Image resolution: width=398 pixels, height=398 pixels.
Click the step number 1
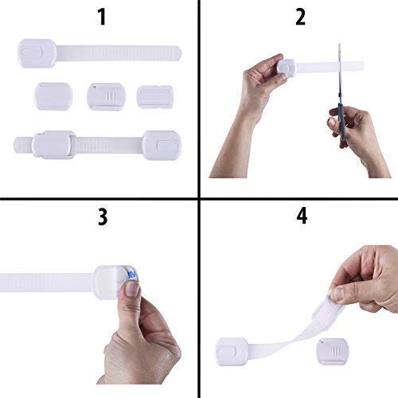tap(100, 16)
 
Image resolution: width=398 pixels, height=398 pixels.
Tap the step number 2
tap(300, 16)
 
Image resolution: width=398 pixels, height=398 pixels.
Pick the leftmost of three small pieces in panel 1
tap(53, 96)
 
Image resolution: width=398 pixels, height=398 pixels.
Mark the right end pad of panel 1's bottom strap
tap(162, 145)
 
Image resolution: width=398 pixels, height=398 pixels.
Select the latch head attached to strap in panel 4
tap(232, 349)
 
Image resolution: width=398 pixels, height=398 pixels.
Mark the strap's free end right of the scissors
tap(350, 65)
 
